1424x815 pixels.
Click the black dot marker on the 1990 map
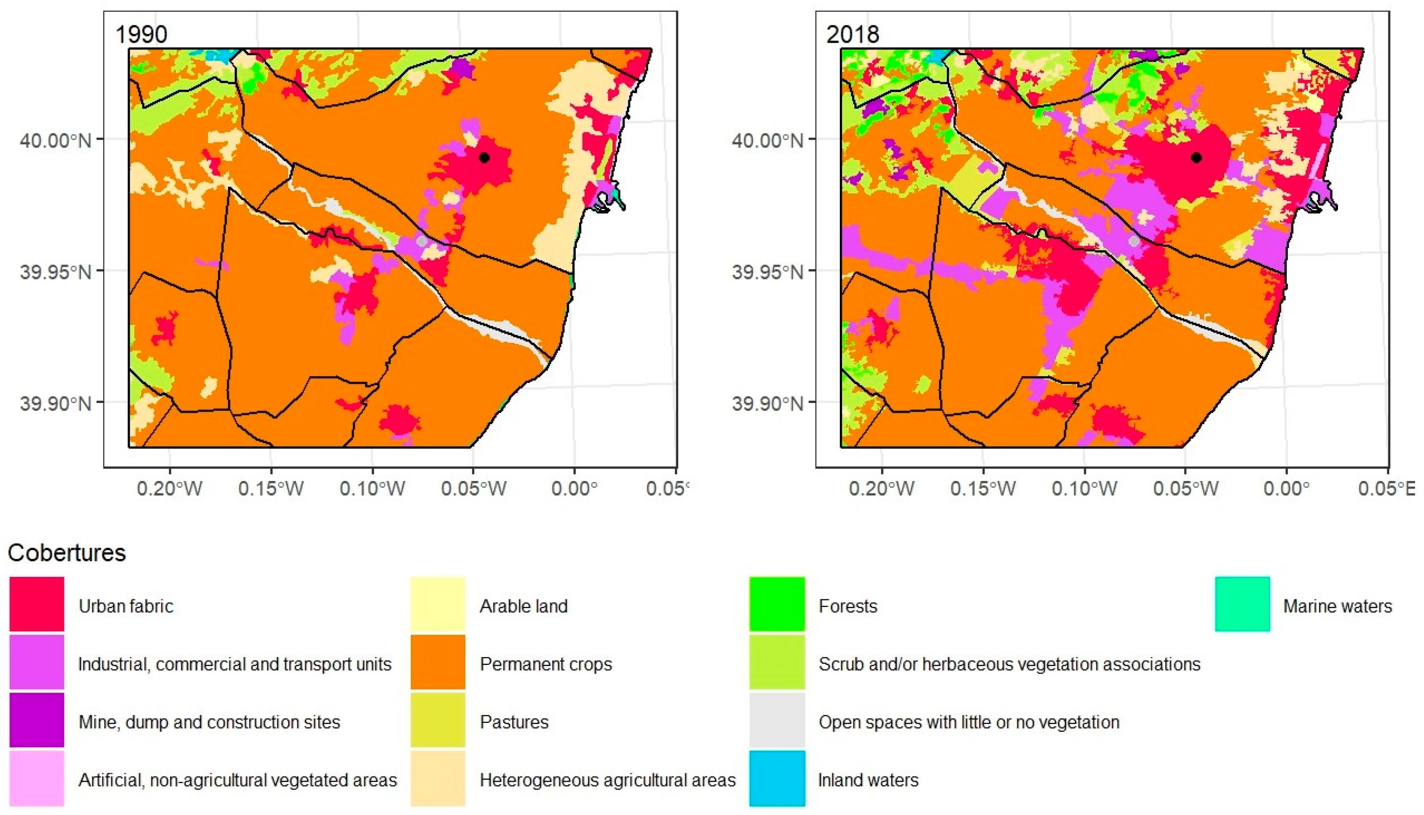point(485,158)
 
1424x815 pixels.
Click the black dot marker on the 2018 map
point(1196,158)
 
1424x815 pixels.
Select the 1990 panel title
point(141,35)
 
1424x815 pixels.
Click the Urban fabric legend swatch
point(37,605)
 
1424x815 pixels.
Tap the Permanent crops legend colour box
point(438,662)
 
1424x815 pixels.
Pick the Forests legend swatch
point(777,605)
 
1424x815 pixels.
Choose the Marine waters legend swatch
point(1242,605)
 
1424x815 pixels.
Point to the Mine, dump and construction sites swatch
point(37,721)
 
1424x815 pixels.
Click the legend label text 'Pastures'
point(514,722)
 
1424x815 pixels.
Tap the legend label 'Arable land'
point(524,606)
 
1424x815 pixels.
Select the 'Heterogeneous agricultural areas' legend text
point(608,780)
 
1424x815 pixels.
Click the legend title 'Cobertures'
point(67,553)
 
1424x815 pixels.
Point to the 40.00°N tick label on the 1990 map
point(55,140)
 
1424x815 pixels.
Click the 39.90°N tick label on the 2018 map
point(767,403)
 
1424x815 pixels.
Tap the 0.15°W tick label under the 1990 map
point(271,489)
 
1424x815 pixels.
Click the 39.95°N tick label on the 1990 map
point(55,272)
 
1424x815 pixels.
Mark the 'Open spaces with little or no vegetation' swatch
point(777,721)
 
